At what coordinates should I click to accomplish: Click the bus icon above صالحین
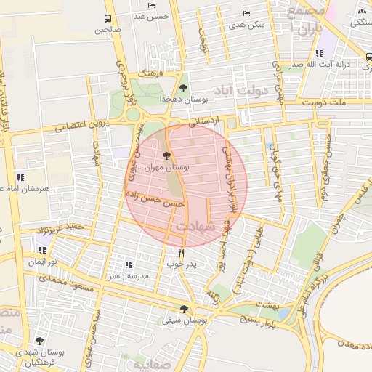pyautogui.click(x=108, y=18)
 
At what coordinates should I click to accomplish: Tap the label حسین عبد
pyautogui.click(x=153, y=16)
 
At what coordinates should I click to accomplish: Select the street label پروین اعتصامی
pyautogui.click(x=80, y=126)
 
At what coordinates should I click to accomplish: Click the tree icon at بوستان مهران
pyautogui.click(x=166, y=155)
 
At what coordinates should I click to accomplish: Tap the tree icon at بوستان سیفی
pyautogui.click(x=183, y=308)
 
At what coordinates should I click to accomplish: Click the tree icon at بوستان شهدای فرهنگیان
pyautogui.click(x=39, y=341)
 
